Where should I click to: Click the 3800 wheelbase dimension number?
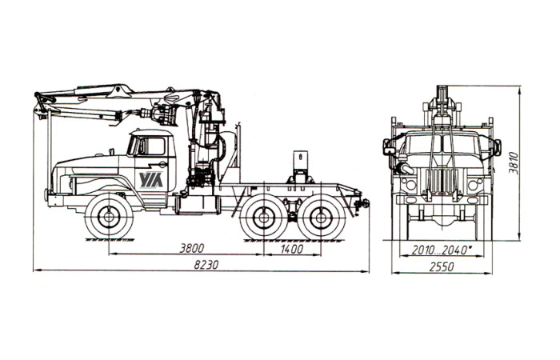click(191, 248)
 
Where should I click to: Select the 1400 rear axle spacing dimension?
click(292, 249)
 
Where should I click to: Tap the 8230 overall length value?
click(206, 265)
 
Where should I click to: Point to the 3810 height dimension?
click(514, 163)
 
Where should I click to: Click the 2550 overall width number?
click(442, 266)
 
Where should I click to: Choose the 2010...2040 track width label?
click(440, 250)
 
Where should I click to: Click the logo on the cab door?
click(151, 180)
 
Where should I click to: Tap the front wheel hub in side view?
click(109, 217)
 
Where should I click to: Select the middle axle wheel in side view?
click(263, 217)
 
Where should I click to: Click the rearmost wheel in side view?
click(322, 217)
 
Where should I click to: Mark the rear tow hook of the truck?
click(363, 203)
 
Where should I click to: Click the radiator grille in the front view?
click(442, 181)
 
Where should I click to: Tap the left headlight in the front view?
click(410, 185)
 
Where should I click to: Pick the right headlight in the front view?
click(474, 185)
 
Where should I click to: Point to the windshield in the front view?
click(442, 142)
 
